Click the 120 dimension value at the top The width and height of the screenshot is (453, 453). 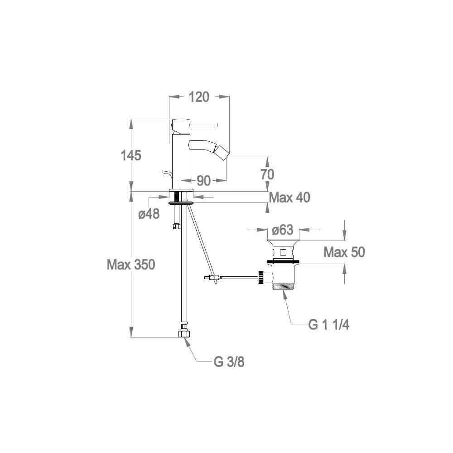[199, 97]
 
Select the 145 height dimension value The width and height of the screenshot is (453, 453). [131, 155]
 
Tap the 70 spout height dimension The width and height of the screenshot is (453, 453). [267, 174]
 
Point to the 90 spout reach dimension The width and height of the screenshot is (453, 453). [204, 181]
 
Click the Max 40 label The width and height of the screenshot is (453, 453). [289, 198]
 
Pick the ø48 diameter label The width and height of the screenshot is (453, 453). [149, 214]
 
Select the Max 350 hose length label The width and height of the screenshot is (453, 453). [131, 265]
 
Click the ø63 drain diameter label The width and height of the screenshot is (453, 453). [283, 230]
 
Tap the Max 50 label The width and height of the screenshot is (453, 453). [344, 252]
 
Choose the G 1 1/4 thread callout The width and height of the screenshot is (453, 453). [329, 325]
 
